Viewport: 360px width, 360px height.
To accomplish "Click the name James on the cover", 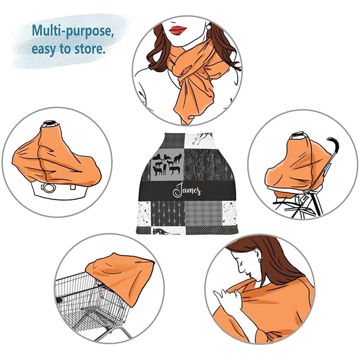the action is [x=187, y=190].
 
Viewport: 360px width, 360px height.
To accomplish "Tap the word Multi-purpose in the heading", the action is [x=73, y=31].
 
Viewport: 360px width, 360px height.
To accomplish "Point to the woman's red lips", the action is [x=178, y=30].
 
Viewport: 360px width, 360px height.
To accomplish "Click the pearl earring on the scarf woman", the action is [x=209, y=27].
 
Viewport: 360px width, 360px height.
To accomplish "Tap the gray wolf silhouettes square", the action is [x=168, y=164].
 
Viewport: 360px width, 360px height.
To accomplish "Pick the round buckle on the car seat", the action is [x=49, y=188].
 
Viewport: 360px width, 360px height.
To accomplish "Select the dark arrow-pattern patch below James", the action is [x=168, y=214].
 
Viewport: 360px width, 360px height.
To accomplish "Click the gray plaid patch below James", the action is [x=204, y=213].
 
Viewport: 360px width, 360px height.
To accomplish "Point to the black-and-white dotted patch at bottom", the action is [x=204, y=230].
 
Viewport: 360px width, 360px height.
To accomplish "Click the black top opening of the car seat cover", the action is [x=50, y=123].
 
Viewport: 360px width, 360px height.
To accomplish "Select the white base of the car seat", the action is [x=60, y=190].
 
